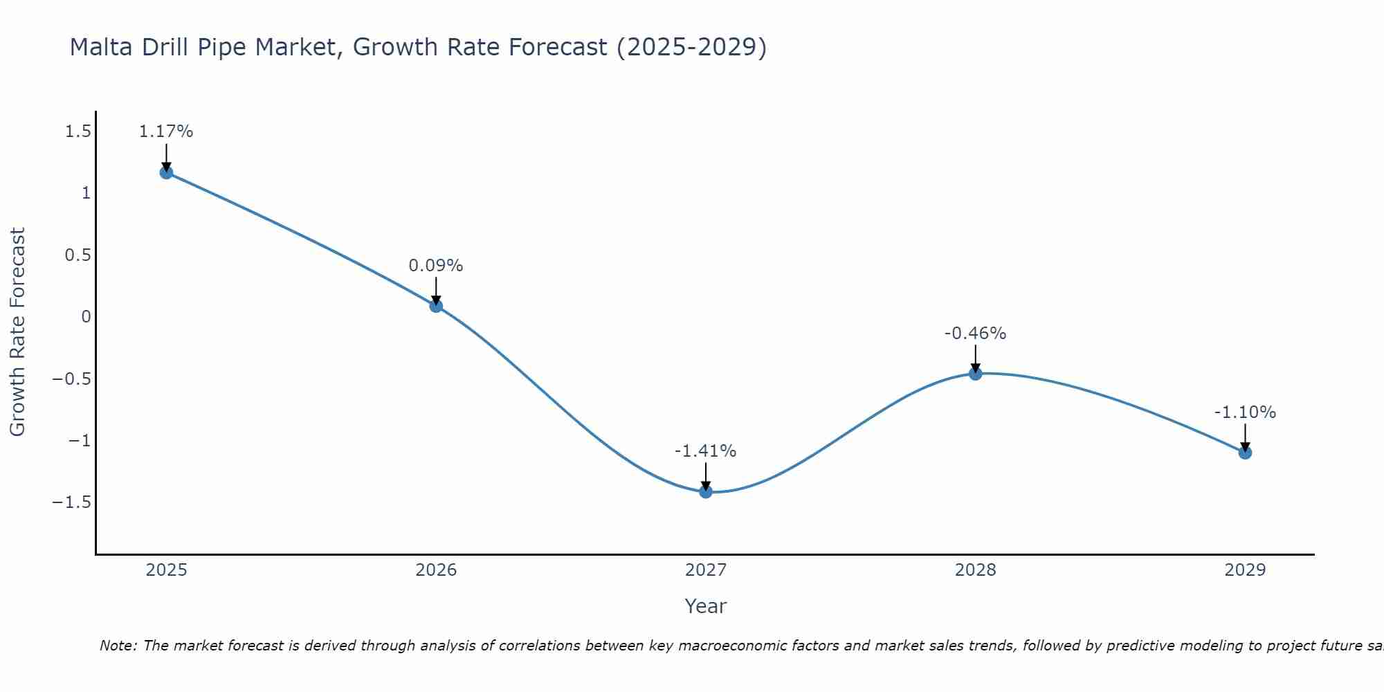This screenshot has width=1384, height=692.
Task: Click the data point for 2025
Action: pyautogui.click(x=166, y=172)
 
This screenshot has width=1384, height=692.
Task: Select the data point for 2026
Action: pyautogui.click(x=436, y=306)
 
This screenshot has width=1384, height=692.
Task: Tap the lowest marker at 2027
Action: pyautogui.click(x=706, y=492)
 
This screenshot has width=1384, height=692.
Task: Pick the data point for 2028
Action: pyautogui.click(x=976, y=374)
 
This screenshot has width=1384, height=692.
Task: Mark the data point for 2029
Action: pyautogui.click(x=1245, y=453)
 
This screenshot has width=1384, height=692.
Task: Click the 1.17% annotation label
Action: pyautogui.click(x=166, y=131)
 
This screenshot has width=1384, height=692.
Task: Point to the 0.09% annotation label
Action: pyautogui.click(x=436, y=266)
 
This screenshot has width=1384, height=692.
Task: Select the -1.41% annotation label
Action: pyautogui.click(x=706, y=451)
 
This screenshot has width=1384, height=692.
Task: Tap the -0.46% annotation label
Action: pyautogui.click(x=976, y=334)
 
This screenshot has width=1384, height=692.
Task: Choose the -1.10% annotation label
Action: pyautogui.click(x=1245, y=412)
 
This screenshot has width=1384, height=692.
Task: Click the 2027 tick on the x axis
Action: pyautogui.click(x=706, y=570)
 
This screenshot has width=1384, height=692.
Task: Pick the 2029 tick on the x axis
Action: pyautogui.click(x=1245, y=570)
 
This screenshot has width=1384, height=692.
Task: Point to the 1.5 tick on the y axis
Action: pyautogui.click(x=78, y=131)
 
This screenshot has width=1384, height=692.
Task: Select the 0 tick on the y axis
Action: pyautogui.click(x=86, y=317)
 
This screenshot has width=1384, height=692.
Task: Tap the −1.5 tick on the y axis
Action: pyautogui.click(x=72, y=502)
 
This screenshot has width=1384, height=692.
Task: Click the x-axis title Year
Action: pyautogui.click(x=706, y=606)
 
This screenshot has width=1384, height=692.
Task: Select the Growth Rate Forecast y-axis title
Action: pyautogui.click(x=17, y=332)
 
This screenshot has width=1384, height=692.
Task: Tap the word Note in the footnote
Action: pyautogui.click(x=118, y=646)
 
